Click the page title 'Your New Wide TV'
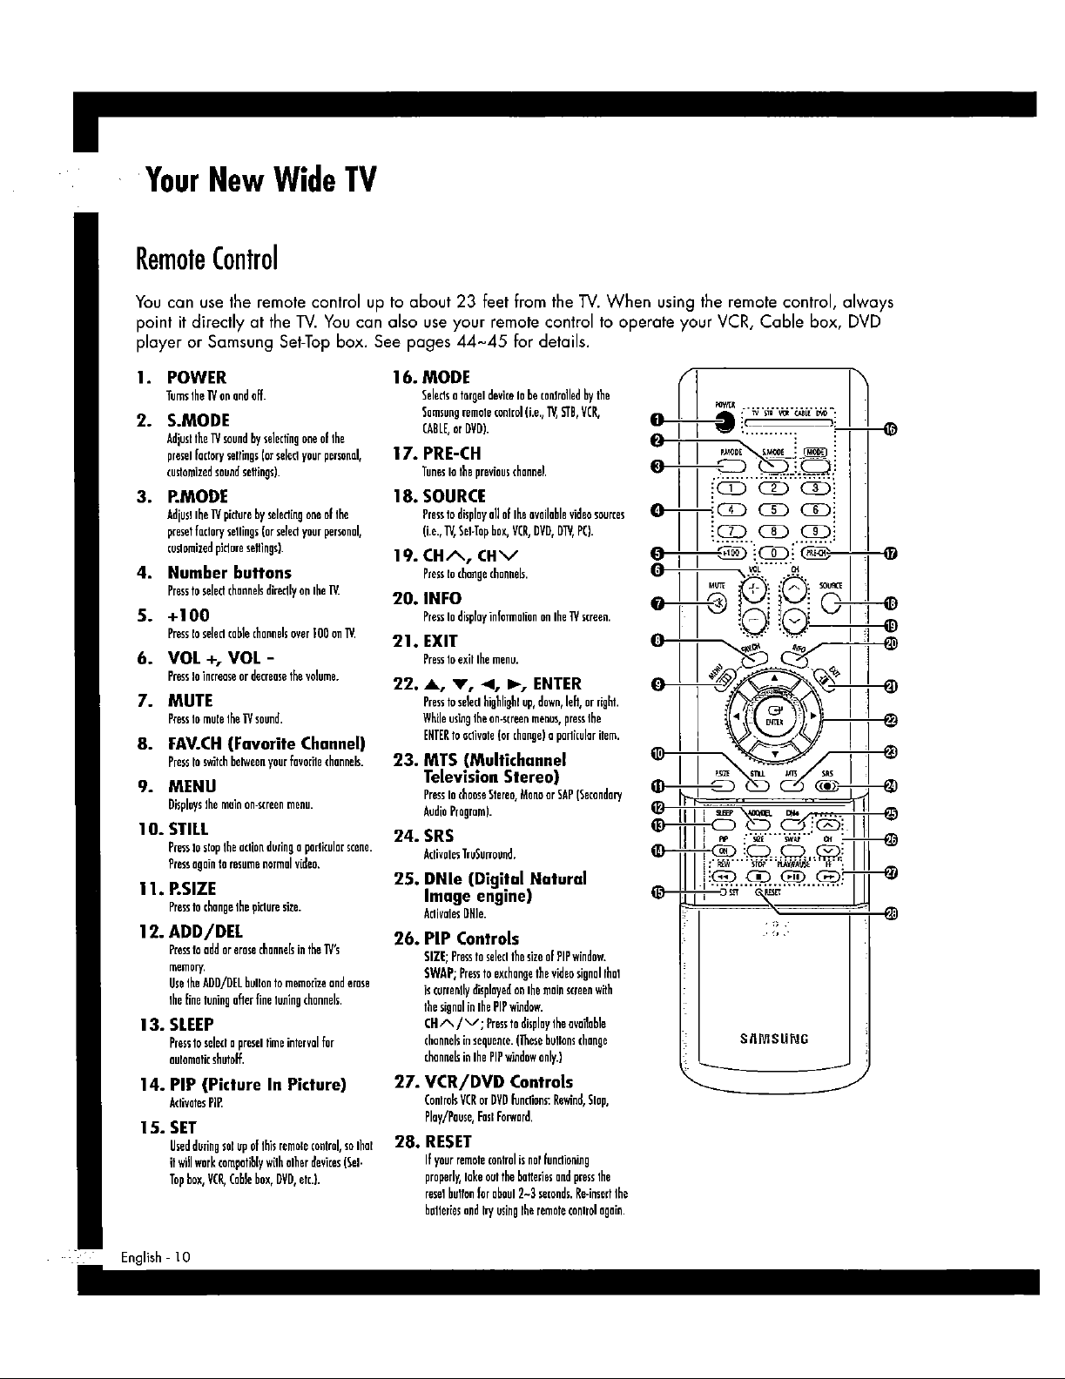(x=261, y=182)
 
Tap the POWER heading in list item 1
(x=197, y=377)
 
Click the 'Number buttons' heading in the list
(x=229, y=572)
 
